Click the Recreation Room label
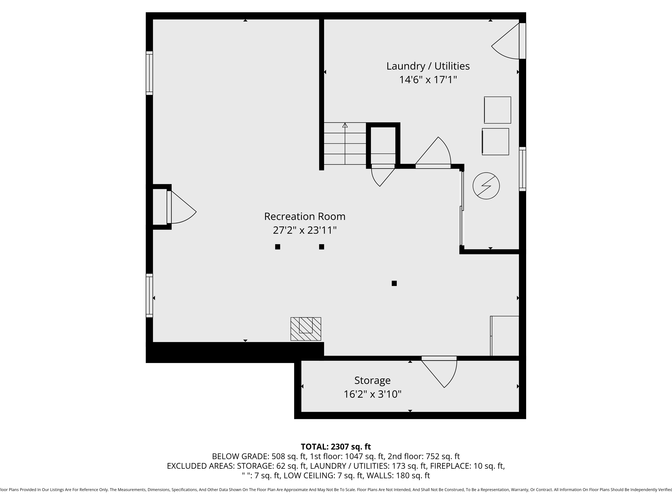(x=305, y=217)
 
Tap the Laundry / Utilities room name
(x=428, y=66)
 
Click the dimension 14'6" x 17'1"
(x=428, y=80)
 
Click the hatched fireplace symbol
(x=306, y=329)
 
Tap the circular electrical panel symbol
(x=486, y=186)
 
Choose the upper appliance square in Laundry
(x=497, y=110)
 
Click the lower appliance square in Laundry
(x=495, y=142)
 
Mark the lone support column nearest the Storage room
(x=394, y=283)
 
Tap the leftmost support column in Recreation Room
(x=277, y=247)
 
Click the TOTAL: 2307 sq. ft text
(x=336, y=447)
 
